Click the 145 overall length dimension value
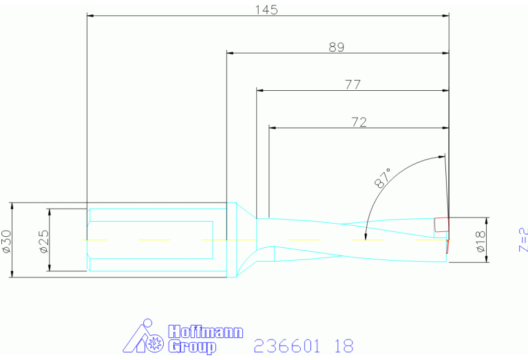click(266, 10)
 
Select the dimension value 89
click(337, 47)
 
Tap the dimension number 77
click(352, 85)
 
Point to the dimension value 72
click(359, 122)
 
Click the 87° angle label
click(383, 178)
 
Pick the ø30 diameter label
click(7, 241)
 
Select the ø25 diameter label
click(44, 241)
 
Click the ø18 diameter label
click(481, 241)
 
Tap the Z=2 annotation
click(523, 240)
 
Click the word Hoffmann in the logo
click(205, 332)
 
